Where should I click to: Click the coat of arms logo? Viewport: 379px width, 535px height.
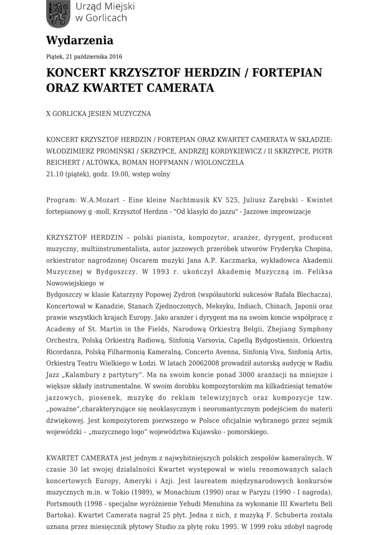coord(58,14)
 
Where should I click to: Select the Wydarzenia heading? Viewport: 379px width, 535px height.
coord(79,40)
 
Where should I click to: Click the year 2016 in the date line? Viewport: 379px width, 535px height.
coord(116,56)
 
